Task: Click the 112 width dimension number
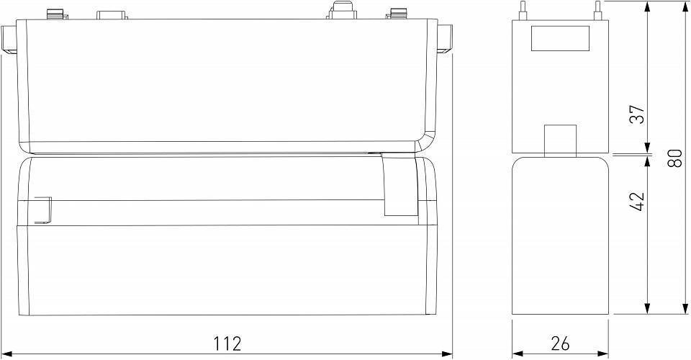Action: click(227, 343)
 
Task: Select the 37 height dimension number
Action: click(637, 114)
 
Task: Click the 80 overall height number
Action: click(674, 158)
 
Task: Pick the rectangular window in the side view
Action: click(559, 38)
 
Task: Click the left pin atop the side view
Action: click(518, 10)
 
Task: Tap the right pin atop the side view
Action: click(597, 10)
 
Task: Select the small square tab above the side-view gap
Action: click(559, 140)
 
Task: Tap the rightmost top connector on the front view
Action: click(397, 13)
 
